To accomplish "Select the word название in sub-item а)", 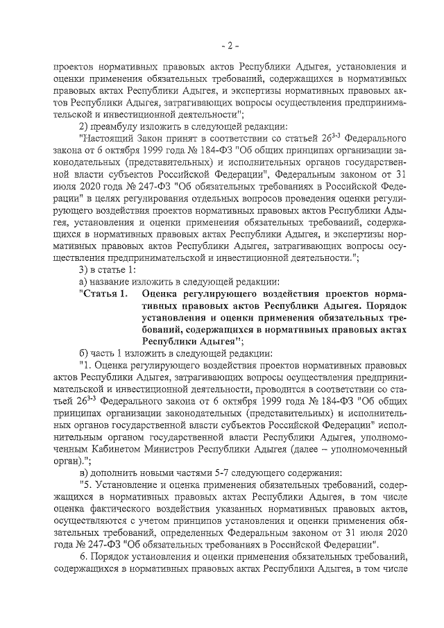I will pos(110,282).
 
